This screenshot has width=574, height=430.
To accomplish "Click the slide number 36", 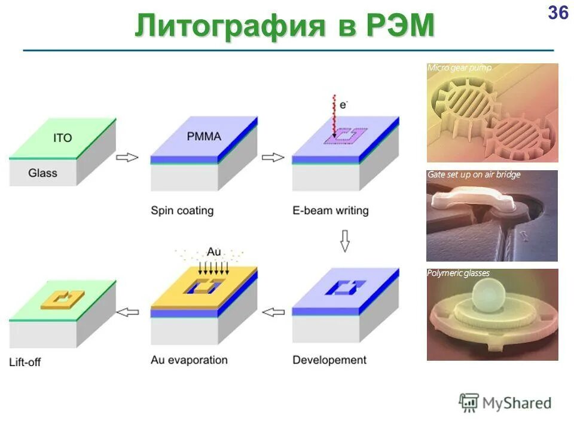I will point(558,13).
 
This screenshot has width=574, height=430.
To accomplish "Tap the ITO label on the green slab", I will point(62,138).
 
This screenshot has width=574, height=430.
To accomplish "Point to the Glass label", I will point(42,173).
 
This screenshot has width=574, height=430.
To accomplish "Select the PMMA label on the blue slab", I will point(203,136).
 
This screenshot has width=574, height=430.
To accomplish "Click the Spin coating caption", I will point(182,211).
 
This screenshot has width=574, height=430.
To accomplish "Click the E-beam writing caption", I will point(330,211).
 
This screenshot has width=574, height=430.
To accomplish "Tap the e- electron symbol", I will point(343,105).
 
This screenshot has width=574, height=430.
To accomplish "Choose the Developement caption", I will point(329,360).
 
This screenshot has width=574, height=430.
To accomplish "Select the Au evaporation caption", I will point(189,360).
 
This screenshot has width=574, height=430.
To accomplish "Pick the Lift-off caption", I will point(25,362).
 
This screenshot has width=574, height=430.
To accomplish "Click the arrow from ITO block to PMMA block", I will point(127,158).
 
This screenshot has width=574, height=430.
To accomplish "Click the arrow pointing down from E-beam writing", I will point(344,240).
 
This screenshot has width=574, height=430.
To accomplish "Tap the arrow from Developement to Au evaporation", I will point(273,312).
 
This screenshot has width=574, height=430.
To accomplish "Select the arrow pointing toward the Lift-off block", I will point(127,311).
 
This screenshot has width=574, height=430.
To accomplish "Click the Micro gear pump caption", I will point(459,68).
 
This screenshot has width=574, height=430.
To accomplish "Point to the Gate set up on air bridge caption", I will point(474,175).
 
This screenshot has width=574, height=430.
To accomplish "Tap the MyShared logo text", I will point(517,403).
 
